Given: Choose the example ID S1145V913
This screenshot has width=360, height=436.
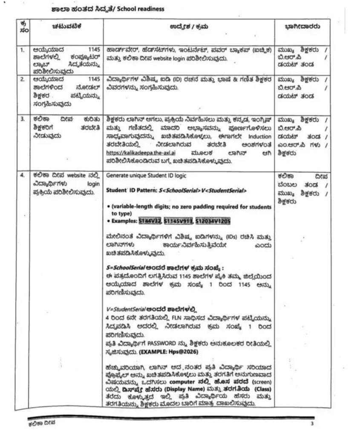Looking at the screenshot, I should [179, 221].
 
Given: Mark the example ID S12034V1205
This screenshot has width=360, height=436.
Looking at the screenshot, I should [213, 221].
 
